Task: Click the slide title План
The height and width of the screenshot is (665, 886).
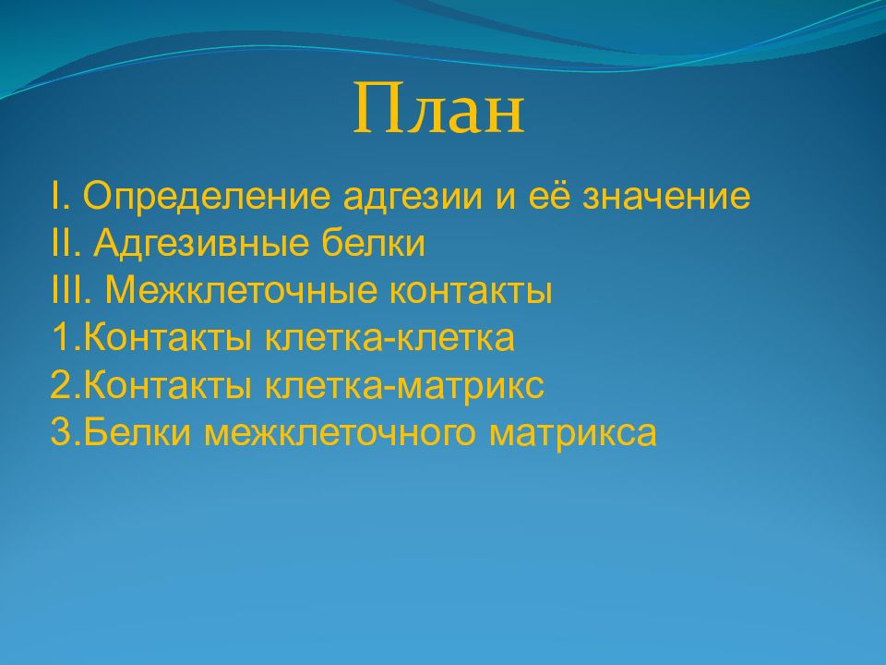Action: [439, 109]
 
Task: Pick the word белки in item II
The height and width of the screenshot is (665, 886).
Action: [373, 243]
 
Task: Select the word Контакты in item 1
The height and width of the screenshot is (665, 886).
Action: [168, 338]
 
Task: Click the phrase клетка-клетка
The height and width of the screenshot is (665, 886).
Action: [389, 339]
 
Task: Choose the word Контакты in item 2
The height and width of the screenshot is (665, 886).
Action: [168, 385]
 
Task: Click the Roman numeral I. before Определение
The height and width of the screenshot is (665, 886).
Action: [61, 196]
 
